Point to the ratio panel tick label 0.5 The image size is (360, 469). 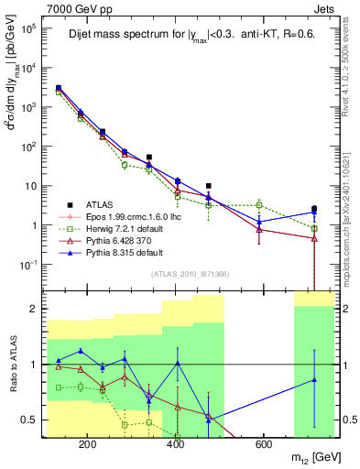pos(32,420)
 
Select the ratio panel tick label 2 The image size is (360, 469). pos(36,309)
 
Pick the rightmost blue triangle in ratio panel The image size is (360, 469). pos(314,379)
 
